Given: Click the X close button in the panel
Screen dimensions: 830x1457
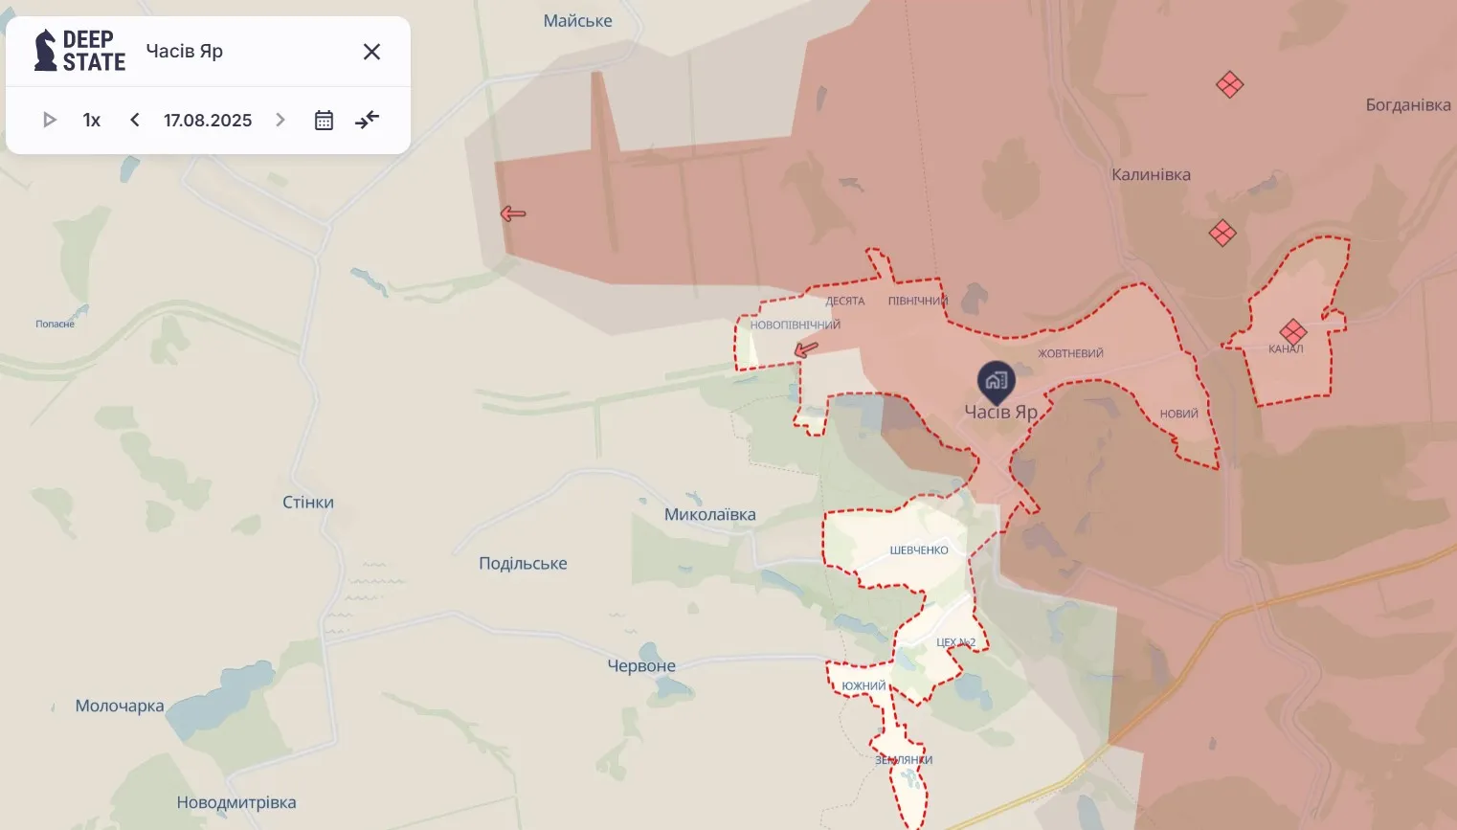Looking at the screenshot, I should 371,52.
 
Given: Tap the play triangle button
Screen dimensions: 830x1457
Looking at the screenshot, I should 50,120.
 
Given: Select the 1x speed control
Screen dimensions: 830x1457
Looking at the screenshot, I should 92,120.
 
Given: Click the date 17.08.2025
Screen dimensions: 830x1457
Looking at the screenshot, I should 208,120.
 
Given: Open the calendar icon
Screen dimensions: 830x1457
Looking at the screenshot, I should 324,120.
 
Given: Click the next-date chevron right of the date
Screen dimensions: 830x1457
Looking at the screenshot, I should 280,120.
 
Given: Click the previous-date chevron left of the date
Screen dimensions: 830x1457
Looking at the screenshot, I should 135,120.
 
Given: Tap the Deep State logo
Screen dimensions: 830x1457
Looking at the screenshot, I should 79,51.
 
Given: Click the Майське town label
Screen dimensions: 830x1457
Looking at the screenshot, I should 577,21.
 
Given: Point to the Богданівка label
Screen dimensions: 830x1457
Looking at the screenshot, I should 1407,105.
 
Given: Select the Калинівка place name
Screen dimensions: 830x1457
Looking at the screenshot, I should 1151,174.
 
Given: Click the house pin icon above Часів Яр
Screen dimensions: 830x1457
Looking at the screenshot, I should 997,380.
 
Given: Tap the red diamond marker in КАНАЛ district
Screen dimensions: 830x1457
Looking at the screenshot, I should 1292,332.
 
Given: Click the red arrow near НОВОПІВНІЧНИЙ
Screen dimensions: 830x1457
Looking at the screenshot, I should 806,349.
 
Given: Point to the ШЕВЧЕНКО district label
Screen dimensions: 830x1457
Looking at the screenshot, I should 919,550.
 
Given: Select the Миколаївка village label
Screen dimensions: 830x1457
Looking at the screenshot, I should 709,514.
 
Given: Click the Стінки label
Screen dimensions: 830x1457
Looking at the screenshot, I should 308,502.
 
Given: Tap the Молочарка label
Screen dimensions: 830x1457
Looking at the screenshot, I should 120,706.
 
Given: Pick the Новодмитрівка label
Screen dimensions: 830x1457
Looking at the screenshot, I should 236,802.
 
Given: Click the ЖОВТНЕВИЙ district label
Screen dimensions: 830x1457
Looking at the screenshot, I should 1070,353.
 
